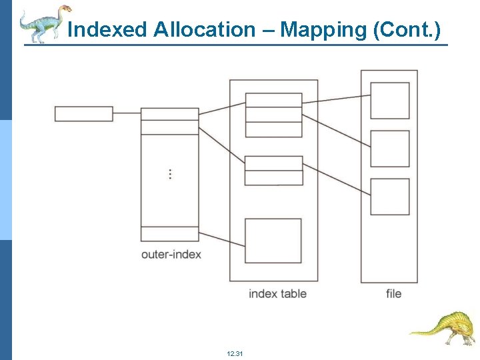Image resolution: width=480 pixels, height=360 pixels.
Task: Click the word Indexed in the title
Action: coord(108,30)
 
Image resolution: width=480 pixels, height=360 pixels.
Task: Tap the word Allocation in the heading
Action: coord(203,30)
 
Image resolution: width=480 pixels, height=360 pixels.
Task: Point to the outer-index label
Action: coord(171,254)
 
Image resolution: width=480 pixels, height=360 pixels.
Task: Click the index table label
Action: coord(277,293)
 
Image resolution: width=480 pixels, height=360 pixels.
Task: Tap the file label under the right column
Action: coord(393,293)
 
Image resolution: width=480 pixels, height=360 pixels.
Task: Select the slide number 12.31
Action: coord(235,353)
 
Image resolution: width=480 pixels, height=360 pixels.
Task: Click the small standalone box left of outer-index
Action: coord(83,114)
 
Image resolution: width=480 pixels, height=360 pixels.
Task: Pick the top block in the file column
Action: coord(390,101)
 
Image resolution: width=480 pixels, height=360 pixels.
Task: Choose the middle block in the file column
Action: coord(390,149)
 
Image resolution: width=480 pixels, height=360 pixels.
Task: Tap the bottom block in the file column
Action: coord(390,197)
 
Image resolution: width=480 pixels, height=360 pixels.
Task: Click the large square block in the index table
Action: coord(273,241)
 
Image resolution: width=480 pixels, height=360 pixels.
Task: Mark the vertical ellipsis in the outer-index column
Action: coord(170,174)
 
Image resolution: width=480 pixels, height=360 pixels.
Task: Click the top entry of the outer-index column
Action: coord(169,114)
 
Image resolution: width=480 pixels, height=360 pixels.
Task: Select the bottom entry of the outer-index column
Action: coord(169,233)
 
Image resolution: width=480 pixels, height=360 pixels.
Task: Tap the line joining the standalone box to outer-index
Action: coord(127,114)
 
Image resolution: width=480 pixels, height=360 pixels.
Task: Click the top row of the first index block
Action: coord(273,100)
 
